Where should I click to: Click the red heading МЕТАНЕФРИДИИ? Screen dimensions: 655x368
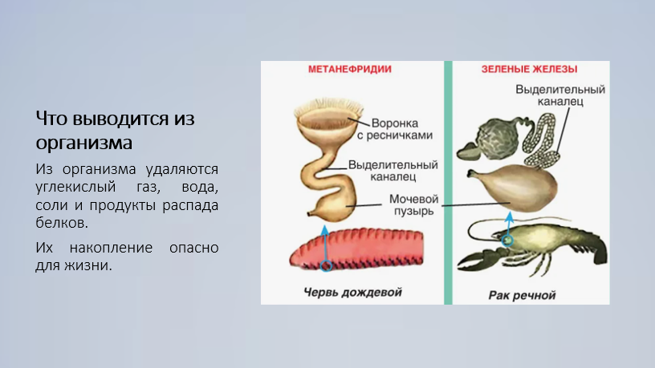coord(350,69)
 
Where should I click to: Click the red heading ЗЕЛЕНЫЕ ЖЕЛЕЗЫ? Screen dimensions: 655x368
coord(529,69)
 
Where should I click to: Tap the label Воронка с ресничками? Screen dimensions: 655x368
coord(395,129)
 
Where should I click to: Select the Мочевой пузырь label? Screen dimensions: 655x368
coord(413,205)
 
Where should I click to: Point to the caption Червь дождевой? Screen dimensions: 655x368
coord(352,292)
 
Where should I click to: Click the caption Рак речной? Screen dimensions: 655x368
coord(522,295)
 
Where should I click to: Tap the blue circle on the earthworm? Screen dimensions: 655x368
coord(326,265)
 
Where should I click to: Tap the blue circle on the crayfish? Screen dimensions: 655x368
coord(507,241)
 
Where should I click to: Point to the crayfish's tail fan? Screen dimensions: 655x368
coord(600,250)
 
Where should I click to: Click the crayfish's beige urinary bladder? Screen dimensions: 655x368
coord(514,188)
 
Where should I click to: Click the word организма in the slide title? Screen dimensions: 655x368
coord(84,143)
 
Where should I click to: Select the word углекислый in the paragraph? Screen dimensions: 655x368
coord(75,188)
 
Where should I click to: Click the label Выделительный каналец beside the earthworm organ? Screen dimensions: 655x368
coord(393,171)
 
